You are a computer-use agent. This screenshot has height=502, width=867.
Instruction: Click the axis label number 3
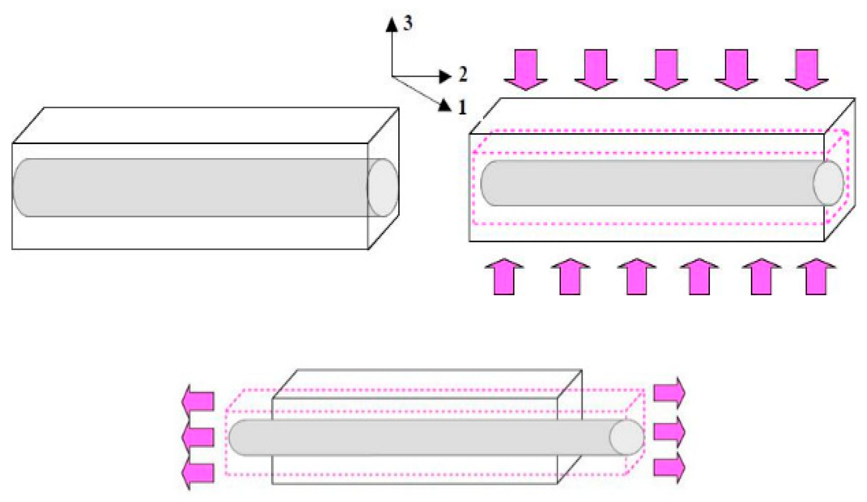(x=407, y=23)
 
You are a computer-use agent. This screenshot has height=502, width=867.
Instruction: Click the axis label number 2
(x=462, y=74)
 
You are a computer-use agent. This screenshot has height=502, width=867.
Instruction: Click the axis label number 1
(x=462, y=108)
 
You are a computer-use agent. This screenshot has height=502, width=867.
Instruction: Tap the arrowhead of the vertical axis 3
(x=392, y=24)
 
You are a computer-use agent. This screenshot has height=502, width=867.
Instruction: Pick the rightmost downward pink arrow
(x=807, y=69)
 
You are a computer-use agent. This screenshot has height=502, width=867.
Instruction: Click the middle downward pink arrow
(x=666, y=69)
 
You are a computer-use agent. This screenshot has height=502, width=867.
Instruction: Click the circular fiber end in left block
(x=383, y=188)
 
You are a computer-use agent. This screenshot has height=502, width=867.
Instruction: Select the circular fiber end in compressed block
(x=829, y=183)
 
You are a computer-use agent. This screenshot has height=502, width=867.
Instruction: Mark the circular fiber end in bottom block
(x=627, y=438)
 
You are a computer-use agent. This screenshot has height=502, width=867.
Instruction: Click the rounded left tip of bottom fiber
(x=234, y=438)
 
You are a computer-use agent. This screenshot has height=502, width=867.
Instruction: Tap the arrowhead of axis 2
(x=445, y=76)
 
